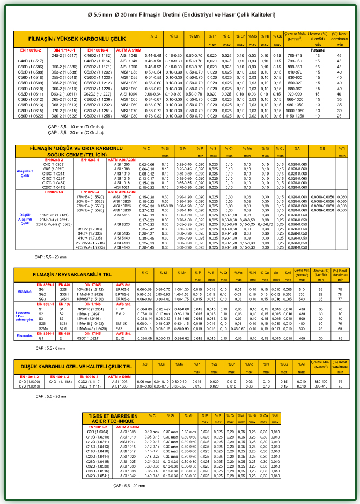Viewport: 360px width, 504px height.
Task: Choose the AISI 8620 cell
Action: point(122,224)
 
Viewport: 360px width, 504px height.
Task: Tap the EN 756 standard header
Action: point(64,304)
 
